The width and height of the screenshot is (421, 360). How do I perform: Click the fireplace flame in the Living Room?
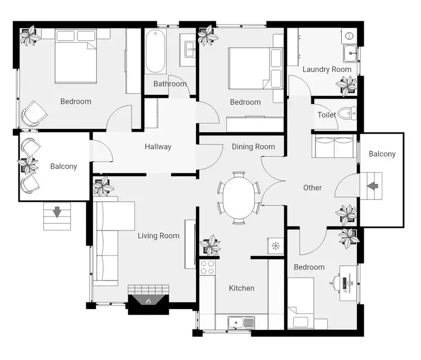[x=148, y=301]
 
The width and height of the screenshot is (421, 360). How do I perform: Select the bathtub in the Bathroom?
[x=155, y=52]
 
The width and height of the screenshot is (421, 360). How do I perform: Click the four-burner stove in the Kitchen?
[x=208, y=267]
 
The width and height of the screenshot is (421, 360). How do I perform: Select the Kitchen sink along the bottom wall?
[x=241, y=322]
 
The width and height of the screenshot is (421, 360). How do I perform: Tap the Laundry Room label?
[x=327, y=70]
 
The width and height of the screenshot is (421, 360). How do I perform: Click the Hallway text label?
[x=158, y=147]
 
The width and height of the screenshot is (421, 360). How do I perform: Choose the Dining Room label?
[x=253, y=147]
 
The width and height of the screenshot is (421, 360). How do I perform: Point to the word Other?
[x=312, y=187]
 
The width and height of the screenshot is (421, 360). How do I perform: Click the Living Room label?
[x=158, y=236]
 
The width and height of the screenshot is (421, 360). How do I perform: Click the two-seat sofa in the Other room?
[x=333, y=147]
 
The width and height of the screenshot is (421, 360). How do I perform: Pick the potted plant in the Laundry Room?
[x=346, y=85]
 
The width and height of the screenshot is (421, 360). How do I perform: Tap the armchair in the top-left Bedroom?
[x=33, y=114]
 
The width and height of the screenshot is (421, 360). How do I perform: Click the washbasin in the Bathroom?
[x=189, y=48]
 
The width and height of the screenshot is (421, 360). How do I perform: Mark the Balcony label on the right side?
[x=382, y=154]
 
